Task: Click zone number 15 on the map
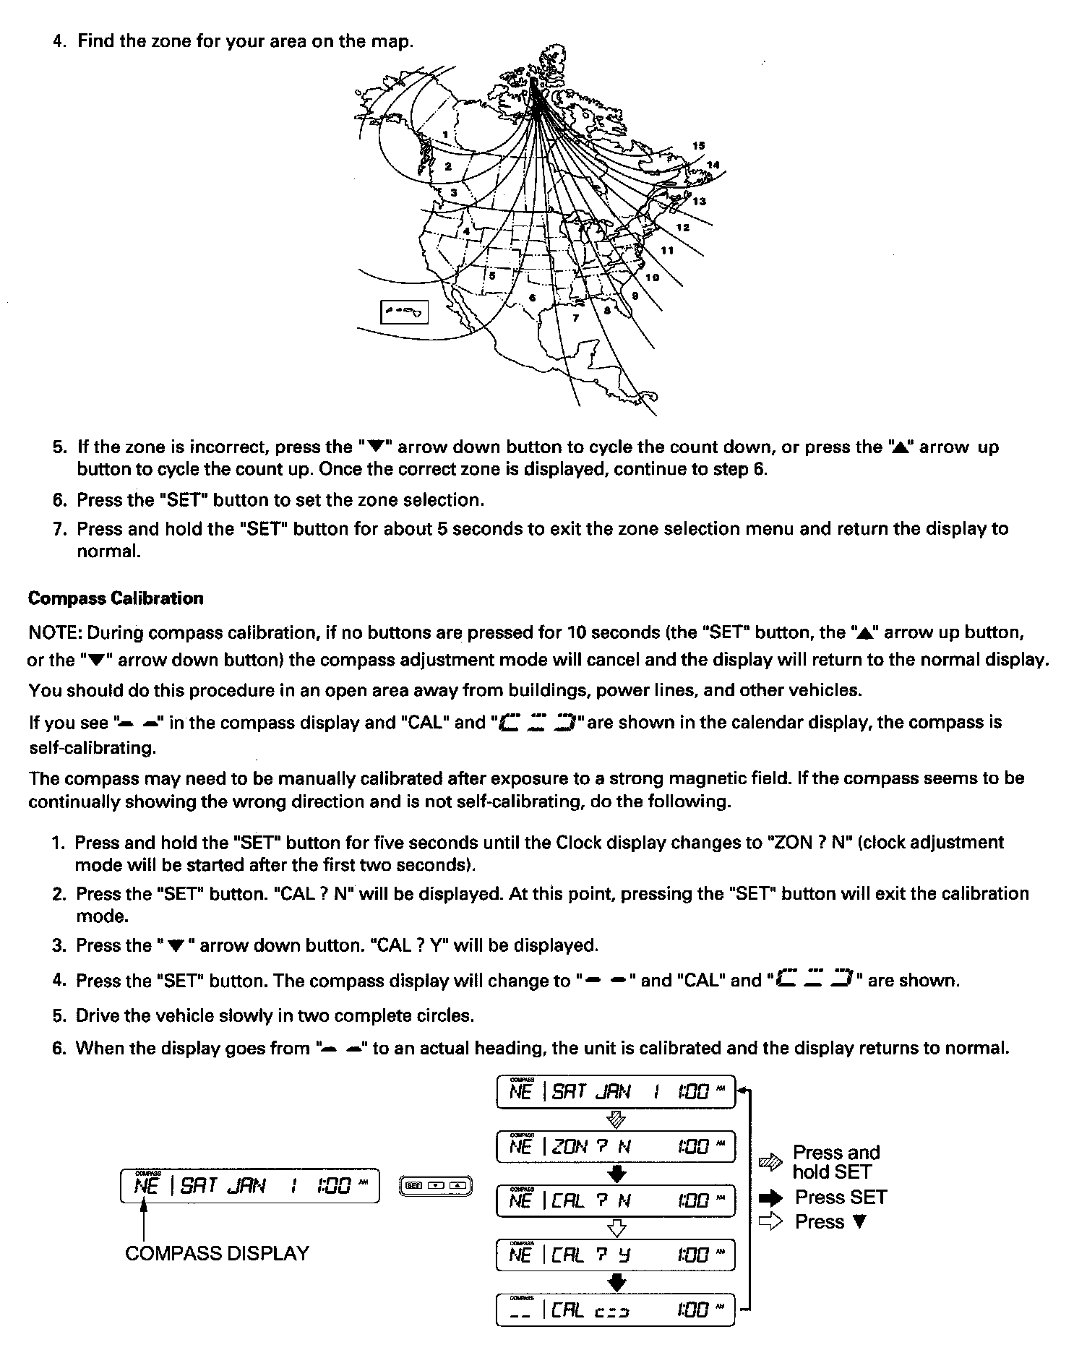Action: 698,146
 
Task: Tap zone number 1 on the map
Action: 446,134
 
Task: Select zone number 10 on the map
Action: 652,278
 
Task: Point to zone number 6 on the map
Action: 533,298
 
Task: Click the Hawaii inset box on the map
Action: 405,312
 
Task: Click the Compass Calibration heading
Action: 116,598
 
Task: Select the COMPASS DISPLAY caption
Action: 217,1252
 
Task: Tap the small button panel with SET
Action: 436,1185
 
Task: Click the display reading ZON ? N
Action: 616,1146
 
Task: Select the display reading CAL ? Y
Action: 616,1255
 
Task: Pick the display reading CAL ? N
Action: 616,1200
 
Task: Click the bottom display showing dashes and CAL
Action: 616,1310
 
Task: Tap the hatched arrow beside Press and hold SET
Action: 770,1162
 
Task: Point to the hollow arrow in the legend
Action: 770,1222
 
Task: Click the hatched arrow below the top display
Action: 616,1119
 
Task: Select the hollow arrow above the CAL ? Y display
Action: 616,1227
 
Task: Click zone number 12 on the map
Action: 682,228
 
